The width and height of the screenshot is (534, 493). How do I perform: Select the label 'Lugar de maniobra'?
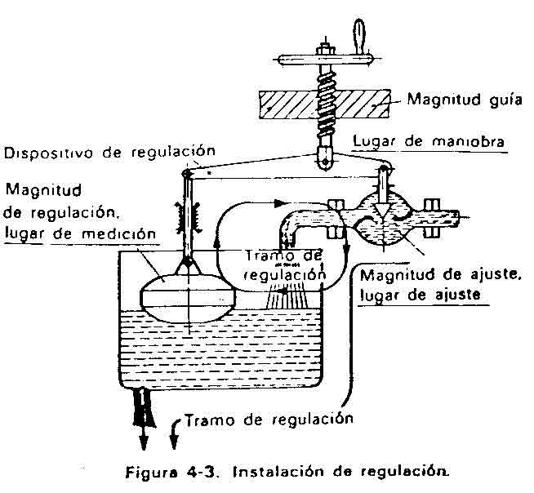[x=416, y=140]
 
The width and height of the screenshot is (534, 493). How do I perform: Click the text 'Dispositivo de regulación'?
[x=109, y=151]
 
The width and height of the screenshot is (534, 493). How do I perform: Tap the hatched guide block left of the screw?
[x=287, y=103]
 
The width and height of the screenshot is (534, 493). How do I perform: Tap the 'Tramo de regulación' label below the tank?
[x=268, y=420]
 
